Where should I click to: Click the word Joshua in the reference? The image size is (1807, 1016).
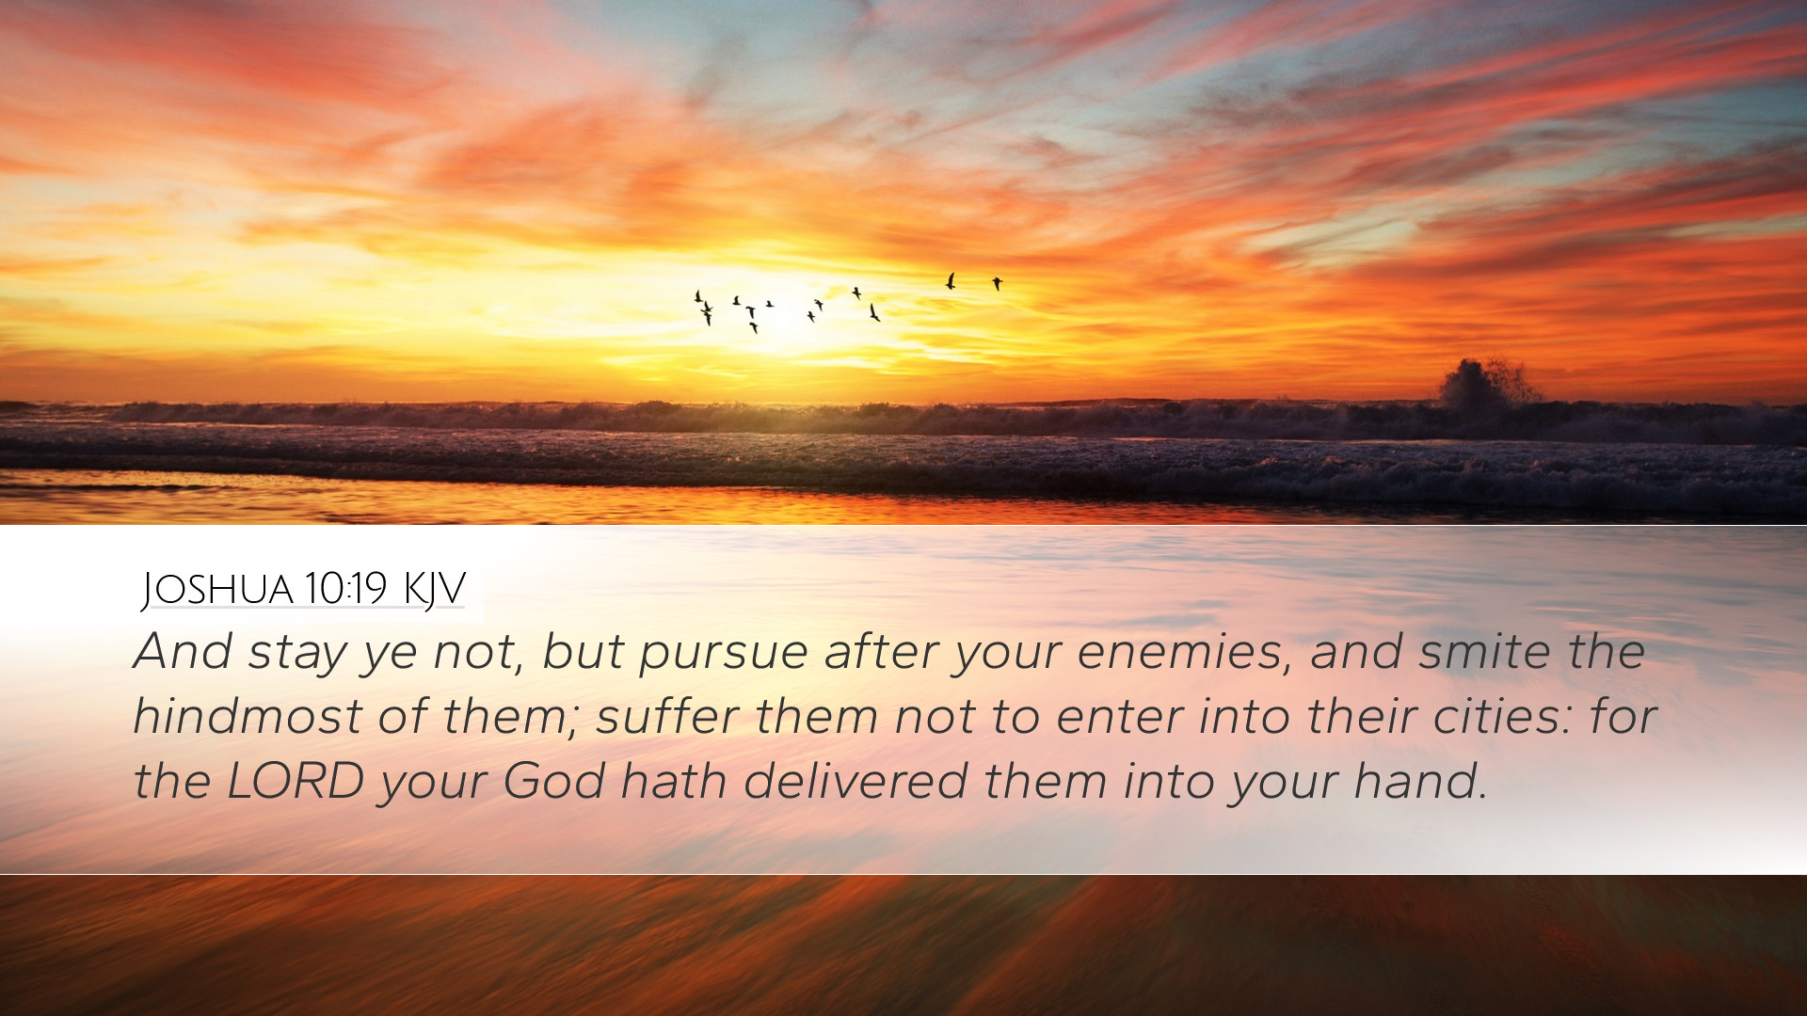pyautogui.click(x=216, y=590)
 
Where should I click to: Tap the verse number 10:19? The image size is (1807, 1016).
pyautogui.click(x=345, y=589)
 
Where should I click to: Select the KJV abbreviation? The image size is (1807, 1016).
pyautogui.click(x=434, y=590)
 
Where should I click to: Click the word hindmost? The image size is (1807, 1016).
pyautogui.click(x=248, y=716)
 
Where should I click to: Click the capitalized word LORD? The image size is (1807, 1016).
pyautogui.click(x=296, y=781)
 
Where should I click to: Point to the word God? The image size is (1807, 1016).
pyautogui.click(x=553, y=781)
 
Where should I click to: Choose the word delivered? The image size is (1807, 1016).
pyautogui.click(x=856, y=781)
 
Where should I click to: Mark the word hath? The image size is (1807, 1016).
pyautogui.click(x=674, y=781)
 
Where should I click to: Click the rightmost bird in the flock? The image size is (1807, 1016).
pyautogui.click(x=997, y=283)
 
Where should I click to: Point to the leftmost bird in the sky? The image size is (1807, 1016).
pyautogui.click(x=698, y=297)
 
